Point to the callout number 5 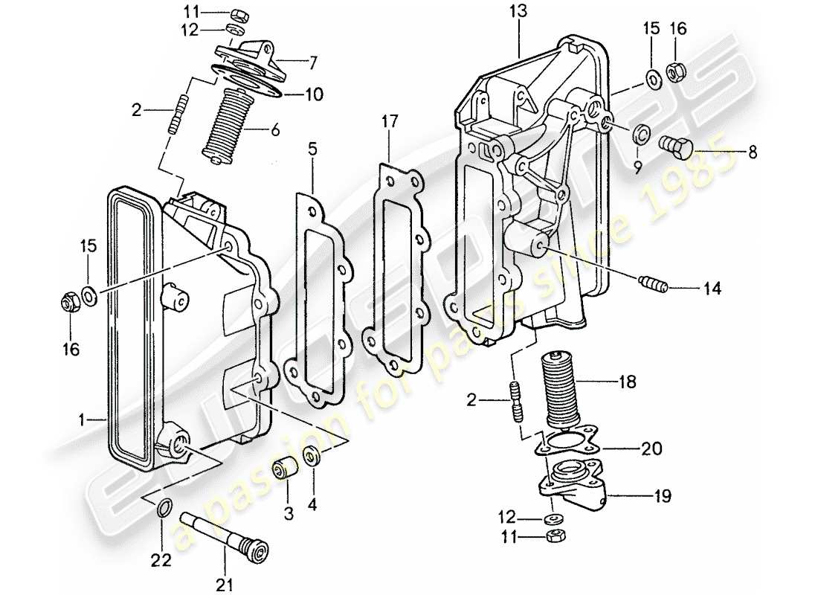(313, 149)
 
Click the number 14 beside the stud (712, 289)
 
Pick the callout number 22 (162, 559)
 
